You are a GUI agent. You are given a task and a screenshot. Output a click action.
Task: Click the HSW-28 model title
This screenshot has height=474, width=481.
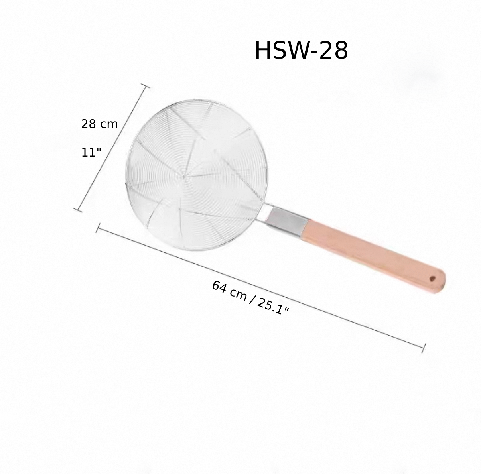[x=301, y=51]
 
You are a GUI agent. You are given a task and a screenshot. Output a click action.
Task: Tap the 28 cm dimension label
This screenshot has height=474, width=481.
[x=99, y=124]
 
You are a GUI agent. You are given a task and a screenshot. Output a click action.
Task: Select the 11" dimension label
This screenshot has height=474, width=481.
[x=91, y=153]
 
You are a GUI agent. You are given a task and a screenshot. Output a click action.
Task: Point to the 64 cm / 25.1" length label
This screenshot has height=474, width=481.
[x=250, y=297]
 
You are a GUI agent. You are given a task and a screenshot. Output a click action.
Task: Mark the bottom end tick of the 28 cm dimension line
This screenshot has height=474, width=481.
[x=78, y=209]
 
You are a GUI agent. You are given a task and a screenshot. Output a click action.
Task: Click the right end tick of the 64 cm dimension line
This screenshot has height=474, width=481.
[x=424, y=348]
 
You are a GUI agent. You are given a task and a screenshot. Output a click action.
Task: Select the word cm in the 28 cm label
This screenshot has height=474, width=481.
[x=108, y=124]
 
